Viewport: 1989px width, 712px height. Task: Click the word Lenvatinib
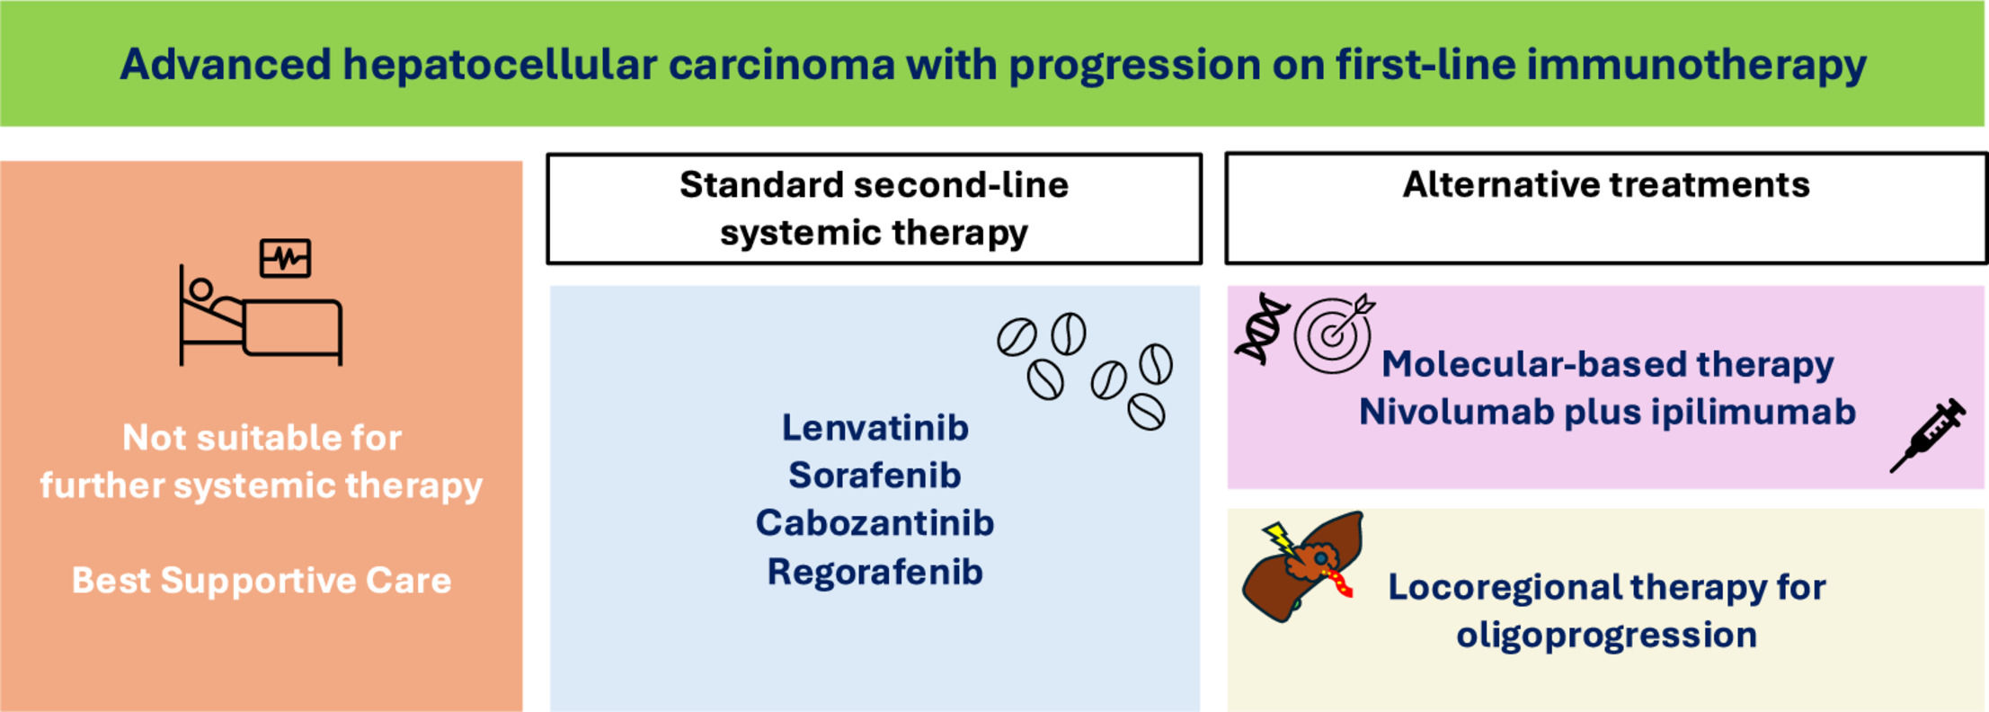tap(875, 428)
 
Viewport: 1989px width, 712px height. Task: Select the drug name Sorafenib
tap(875, 476)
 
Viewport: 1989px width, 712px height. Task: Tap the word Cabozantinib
tap(875, 523)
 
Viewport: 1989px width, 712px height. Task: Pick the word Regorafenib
tap(875, 572)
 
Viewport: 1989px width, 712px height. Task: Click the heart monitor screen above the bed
tap(285, 258)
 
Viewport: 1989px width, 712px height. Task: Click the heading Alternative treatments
tap(1605, 185)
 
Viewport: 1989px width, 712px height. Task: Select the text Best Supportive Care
tap(262, 581)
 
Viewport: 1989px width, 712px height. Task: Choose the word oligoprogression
tap(1606, 635)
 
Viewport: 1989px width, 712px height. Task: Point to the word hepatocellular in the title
tap(500, 65)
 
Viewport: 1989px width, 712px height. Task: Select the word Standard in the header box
tap(760, 185)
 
